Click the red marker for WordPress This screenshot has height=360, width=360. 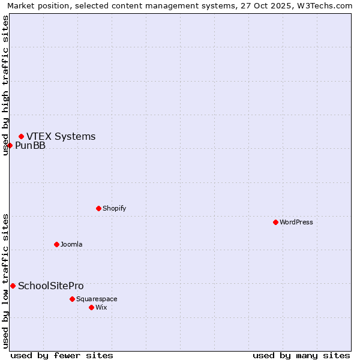pos(275,222)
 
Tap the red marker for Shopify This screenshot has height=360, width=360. pos(99,208)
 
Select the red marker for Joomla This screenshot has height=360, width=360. pos(57,244)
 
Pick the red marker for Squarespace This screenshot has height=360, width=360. pos(73,299)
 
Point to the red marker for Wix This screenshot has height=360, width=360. pos(92,307)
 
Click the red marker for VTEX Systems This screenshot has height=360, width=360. pos(22,136)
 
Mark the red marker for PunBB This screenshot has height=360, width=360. pos(10,145)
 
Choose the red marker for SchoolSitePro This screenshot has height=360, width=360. pos(13,286)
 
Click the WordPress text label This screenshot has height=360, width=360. pos(296,222)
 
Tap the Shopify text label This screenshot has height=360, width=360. pos(114,208)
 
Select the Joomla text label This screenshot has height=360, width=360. pos(71,244)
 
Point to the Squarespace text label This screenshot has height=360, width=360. pos(97,299)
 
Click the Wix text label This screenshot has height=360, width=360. pos(101,307)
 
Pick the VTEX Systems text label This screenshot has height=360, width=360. pos(61,136)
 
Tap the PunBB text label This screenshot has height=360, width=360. pos(30,145)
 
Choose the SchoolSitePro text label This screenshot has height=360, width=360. pos(51,286)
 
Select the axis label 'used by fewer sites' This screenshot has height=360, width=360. pos(62,355)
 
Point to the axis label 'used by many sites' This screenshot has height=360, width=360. pos(301,355)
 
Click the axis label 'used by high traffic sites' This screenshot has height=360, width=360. pos(5,85)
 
